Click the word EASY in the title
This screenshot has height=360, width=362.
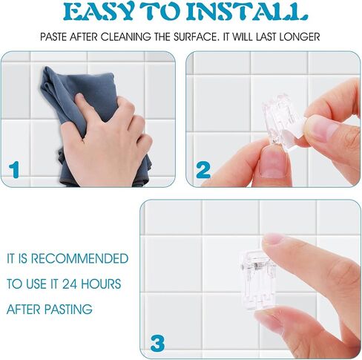[x=98, y=12]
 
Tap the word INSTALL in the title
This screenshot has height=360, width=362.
[x=248, y=12]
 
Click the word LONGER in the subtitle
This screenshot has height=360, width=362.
[x=300, y=37]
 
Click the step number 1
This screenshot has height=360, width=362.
[x=14, y=170]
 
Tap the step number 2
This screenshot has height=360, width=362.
[x=203, y=170]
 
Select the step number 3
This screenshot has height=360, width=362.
[x=157, y=343]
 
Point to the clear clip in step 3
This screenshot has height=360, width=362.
[x=257, y=280]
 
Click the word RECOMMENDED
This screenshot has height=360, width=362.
[x=79, y=258]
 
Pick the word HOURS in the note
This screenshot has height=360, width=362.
[x=101, y=284]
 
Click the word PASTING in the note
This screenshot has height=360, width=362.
[x=68, y=310]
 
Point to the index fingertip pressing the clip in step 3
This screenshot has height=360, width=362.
[x=272, y=240]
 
